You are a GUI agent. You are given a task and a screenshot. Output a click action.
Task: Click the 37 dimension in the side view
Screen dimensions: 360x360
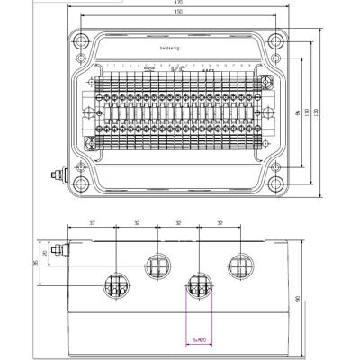click(93, 221)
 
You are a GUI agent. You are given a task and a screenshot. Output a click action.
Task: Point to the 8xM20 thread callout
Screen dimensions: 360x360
click(199, 339)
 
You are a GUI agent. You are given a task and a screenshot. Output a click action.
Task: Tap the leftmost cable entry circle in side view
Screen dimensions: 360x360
click(116, 285)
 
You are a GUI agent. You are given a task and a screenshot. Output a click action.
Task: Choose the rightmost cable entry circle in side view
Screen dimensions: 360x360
click(241, 265)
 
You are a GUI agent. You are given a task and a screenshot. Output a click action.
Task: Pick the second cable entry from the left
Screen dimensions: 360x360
click(158, 265)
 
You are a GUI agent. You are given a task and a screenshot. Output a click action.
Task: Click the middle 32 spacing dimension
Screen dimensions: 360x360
click(178, 221)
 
